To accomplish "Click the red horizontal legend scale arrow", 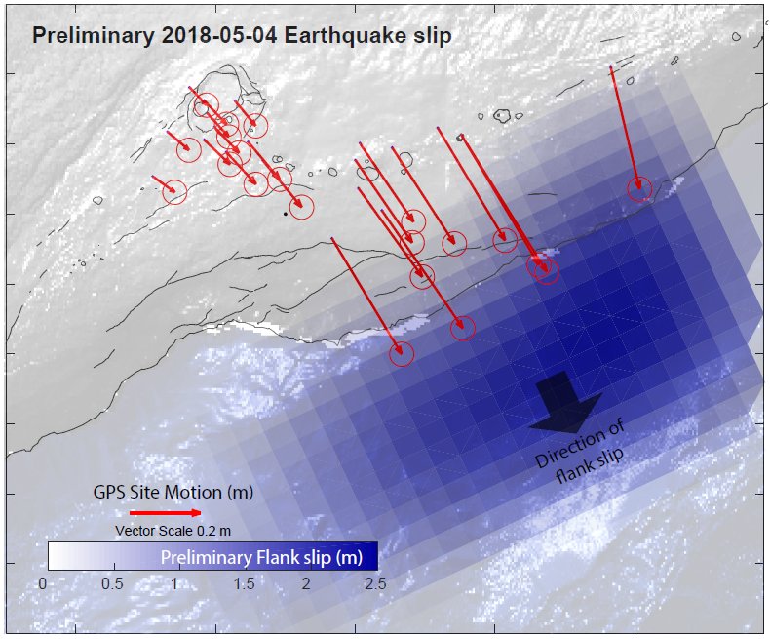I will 165,512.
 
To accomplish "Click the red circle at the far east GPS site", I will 638,189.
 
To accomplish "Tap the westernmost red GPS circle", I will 174,192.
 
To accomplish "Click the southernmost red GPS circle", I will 402,354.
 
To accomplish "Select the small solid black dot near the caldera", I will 285,213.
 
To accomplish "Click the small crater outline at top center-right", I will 502,116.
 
